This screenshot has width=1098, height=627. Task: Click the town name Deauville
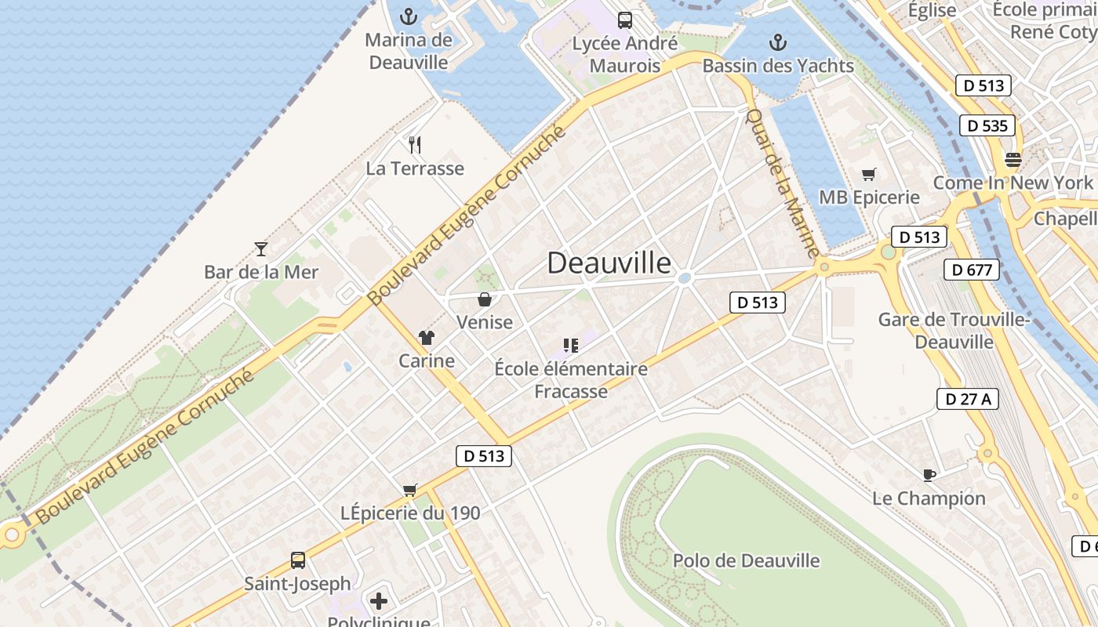point(609,263)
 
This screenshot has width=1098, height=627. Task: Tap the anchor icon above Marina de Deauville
point(408,16)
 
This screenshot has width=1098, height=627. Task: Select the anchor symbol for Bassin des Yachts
point(778,42)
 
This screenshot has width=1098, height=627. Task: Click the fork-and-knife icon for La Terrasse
point(415,144)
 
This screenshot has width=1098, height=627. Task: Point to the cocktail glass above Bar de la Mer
point(261,249)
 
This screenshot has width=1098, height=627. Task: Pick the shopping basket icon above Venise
point(485,299)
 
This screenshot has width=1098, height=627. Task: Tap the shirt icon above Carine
point(426,338)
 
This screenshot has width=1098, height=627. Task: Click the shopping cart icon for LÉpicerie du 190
point(409,491)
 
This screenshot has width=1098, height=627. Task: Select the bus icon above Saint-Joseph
point(298,560)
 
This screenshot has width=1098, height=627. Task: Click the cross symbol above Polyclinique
point(379,601)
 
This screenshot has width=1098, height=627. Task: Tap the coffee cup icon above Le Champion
point(929,475)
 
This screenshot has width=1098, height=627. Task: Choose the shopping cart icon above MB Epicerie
point(868,174)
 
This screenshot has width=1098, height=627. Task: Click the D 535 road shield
point(987,125)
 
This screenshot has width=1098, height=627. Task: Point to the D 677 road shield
point(972,270)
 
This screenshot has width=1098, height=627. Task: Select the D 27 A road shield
point(967,399)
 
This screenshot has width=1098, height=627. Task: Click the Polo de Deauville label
point(746,560)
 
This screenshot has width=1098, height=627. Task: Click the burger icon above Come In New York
point(1013,161)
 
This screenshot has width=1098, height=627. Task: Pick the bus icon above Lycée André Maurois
point(624,20)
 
